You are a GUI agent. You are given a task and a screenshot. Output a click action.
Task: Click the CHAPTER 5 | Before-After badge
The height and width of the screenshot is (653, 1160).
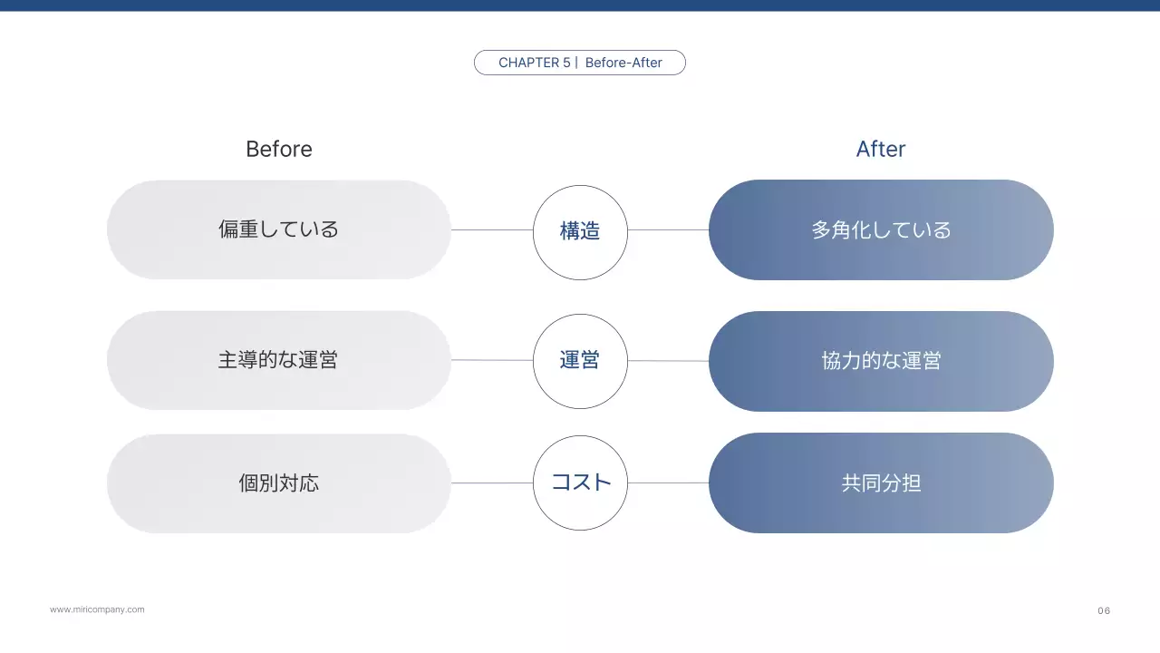pyautogui.click(x=580, y=63)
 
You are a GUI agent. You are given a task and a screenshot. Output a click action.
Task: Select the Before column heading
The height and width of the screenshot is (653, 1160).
pyautogui.click(x=279, y=149)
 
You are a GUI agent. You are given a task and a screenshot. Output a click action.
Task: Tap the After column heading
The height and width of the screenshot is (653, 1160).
pyautogui.click(x=880, y=149)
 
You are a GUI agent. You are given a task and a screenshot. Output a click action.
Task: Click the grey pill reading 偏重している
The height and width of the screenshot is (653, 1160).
pyautogui.click(x=279, y=229)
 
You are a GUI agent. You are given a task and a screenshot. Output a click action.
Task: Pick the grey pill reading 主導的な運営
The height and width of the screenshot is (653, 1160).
pyautogui.click(x=279, y=360)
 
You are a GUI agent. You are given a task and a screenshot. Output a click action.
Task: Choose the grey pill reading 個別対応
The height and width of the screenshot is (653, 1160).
pyautogui.click(x=279, y=482)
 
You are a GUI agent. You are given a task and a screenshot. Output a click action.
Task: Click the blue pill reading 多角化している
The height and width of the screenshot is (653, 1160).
pyautogui.click(x=881, y=229)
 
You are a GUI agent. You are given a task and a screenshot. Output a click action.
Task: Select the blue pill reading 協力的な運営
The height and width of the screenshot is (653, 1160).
pyautogui.click(x=881, y=361)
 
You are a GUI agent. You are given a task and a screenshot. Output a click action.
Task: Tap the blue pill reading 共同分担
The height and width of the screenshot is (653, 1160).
pyautogui.click(x=881, y=482)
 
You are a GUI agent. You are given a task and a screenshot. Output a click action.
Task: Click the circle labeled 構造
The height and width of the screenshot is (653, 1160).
pyautogui.click(x=580, y=230)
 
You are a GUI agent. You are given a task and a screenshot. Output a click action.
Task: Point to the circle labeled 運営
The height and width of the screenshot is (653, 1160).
pyautogui.click(x=580, y=361)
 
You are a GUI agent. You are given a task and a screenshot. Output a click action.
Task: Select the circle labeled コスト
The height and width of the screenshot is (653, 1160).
pyautogui.click(x=580, y=482)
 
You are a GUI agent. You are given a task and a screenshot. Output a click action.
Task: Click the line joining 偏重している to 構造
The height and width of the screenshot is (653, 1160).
pyautogui.click(x=492, y=229)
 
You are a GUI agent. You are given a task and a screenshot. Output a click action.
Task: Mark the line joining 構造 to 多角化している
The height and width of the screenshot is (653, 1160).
pyautogui.click(x=668, y=229)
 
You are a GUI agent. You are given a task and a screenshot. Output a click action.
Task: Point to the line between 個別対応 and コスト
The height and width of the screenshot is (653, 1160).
pyautogui.click(x=492, y=482)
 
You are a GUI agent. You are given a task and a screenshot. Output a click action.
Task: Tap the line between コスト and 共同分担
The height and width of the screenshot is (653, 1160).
pyautogui.click(x=668, y=482)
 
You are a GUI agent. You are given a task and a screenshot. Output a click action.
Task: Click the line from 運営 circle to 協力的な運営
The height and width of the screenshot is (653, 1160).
pyautogui.click(x=668, y=361)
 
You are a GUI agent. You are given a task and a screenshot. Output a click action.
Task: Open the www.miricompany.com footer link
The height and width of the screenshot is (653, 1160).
pyautogui.click(x=97, y=609)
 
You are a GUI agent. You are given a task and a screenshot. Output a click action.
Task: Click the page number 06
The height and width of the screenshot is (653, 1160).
pyautogui.click(x=1104, y=610)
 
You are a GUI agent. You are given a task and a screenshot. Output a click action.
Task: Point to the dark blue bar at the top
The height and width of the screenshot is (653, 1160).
pyautogui.click(x=580, y=5)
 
